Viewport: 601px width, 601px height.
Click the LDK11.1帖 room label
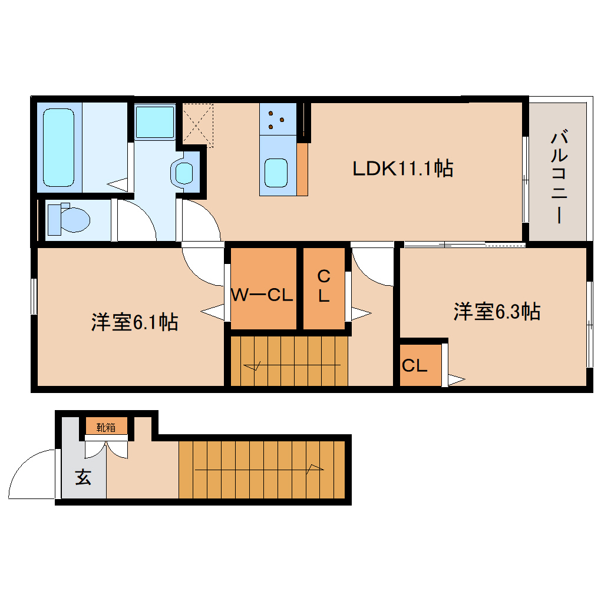(402, 169)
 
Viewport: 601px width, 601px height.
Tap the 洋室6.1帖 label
(134, 322)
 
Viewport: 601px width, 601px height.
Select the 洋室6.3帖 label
(497, 312)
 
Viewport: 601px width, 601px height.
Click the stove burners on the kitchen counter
(276, 118)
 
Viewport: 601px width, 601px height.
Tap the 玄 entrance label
(83, 478)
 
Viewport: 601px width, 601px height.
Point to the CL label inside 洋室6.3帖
(414, 366)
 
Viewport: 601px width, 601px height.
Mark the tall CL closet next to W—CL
(323, 287)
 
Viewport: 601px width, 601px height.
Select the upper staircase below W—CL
(289, 361)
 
